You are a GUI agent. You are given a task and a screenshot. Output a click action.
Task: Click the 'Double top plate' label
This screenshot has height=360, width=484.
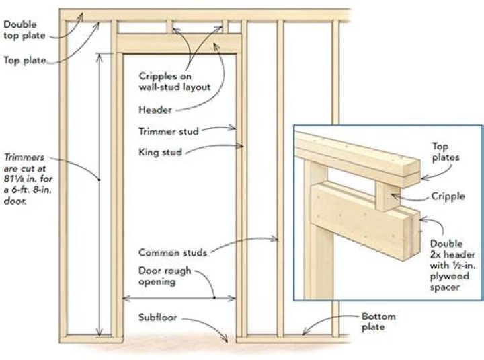point(24,30)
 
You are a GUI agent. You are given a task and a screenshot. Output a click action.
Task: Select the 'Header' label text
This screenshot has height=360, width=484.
point(155,110)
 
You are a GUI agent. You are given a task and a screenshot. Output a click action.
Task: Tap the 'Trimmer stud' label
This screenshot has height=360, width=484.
point(169,131)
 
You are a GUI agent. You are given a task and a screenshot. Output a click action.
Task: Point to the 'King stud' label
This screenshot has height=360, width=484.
point(160,152)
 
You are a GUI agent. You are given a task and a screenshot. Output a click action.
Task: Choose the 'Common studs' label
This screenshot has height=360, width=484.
point(173,252)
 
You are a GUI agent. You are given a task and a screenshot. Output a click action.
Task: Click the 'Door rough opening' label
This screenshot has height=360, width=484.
point(165,276)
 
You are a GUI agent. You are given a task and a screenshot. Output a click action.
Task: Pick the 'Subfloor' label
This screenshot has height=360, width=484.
point(157,318)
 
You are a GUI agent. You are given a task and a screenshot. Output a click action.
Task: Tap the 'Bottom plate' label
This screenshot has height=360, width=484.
point(378,322)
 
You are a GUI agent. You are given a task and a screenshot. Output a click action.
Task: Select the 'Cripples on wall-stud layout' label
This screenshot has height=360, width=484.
point(174,81)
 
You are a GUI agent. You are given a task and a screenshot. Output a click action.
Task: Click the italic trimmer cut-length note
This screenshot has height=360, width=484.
point(28,179)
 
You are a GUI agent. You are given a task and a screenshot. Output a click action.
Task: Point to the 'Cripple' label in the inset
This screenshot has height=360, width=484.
point(448,196)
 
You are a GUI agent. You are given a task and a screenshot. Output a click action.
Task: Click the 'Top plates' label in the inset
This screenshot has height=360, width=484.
point(446,151)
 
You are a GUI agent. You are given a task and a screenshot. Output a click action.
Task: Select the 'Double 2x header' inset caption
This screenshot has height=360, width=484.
point(453,265)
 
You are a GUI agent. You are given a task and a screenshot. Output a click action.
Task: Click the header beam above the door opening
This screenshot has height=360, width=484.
point(179,44)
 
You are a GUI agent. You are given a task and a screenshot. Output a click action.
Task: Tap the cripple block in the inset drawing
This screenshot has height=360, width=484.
point(388,196)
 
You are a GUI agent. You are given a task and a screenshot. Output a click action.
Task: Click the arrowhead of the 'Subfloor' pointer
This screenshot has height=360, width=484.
point(226,339)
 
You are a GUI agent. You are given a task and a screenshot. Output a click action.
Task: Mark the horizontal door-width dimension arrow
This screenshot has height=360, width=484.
point(179,298)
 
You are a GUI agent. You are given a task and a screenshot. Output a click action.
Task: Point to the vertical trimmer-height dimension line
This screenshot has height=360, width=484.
point(99,195)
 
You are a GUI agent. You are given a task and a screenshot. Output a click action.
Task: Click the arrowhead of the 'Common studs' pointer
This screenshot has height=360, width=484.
point(275,238)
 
